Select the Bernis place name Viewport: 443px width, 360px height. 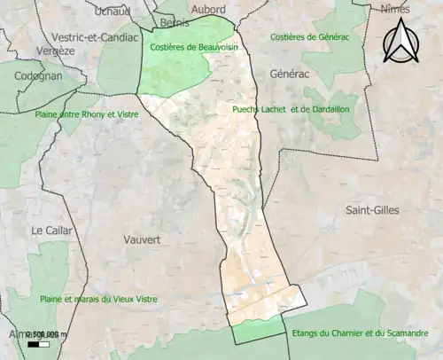click(x=175, y=23)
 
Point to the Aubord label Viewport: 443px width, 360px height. click(x=208, y=10)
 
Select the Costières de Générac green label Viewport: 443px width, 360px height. click(x=308, y=36)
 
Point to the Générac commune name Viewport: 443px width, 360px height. click(x=290, y=74)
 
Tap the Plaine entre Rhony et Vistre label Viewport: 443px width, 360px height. click(x=77, y=114)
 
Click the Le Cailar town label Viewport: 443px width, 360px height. click(x=51, y=230)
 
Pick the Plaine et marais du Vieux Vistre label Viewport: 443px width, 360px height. click(x=98, y=299)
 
